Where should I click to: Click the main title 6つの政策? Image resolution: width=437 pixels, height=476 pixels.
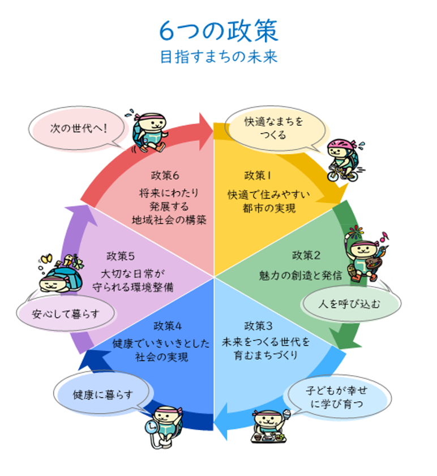(x=218, y=31)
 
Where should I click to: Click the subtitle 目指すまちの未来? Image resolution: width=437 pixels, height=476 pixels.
(x=218, y=57)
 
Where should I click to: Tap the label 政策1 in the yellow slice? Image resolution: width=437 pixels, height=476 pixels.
(x=258, y=175)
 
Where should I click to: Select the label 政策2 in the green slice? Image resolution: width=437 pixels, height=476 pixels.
(x=306, y=256)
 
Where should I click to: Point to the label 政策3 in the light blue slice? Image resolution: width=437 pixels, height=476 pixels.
(x=258, y=326)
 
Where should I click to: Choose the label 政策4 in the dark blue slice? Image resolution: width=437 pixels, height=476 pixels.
(x=168, y=326)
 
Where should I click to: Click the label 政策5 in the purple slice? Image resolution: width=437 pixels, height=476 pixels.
(x=121, y=256)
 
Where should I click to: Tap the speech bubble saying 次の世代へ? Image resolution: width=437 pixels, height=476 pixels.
(x=78, y=128)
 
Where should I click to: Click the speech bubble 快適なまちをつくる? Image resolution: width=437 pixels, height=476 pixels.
(x=275, y=129)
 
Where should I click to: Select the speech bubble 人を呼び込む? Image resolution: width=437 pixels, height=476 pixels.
(x=350, y=303)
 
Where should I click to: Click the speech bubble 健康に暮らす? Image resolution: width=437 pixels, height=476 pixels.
(x=102, y=394)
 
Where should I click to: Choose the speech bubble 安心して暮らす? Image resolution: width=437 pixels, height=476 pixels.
(x=66, y=313)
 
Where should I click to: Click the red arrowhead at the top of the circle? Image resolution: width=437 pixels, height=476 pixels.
(x=205, y=131)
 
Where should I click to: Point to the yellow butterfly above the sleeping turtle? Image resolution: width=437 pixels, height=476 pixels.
(x=46, y=258)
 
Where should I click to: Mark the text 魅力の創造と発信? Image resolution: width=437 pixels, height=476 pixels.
(x=300, y=275)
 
